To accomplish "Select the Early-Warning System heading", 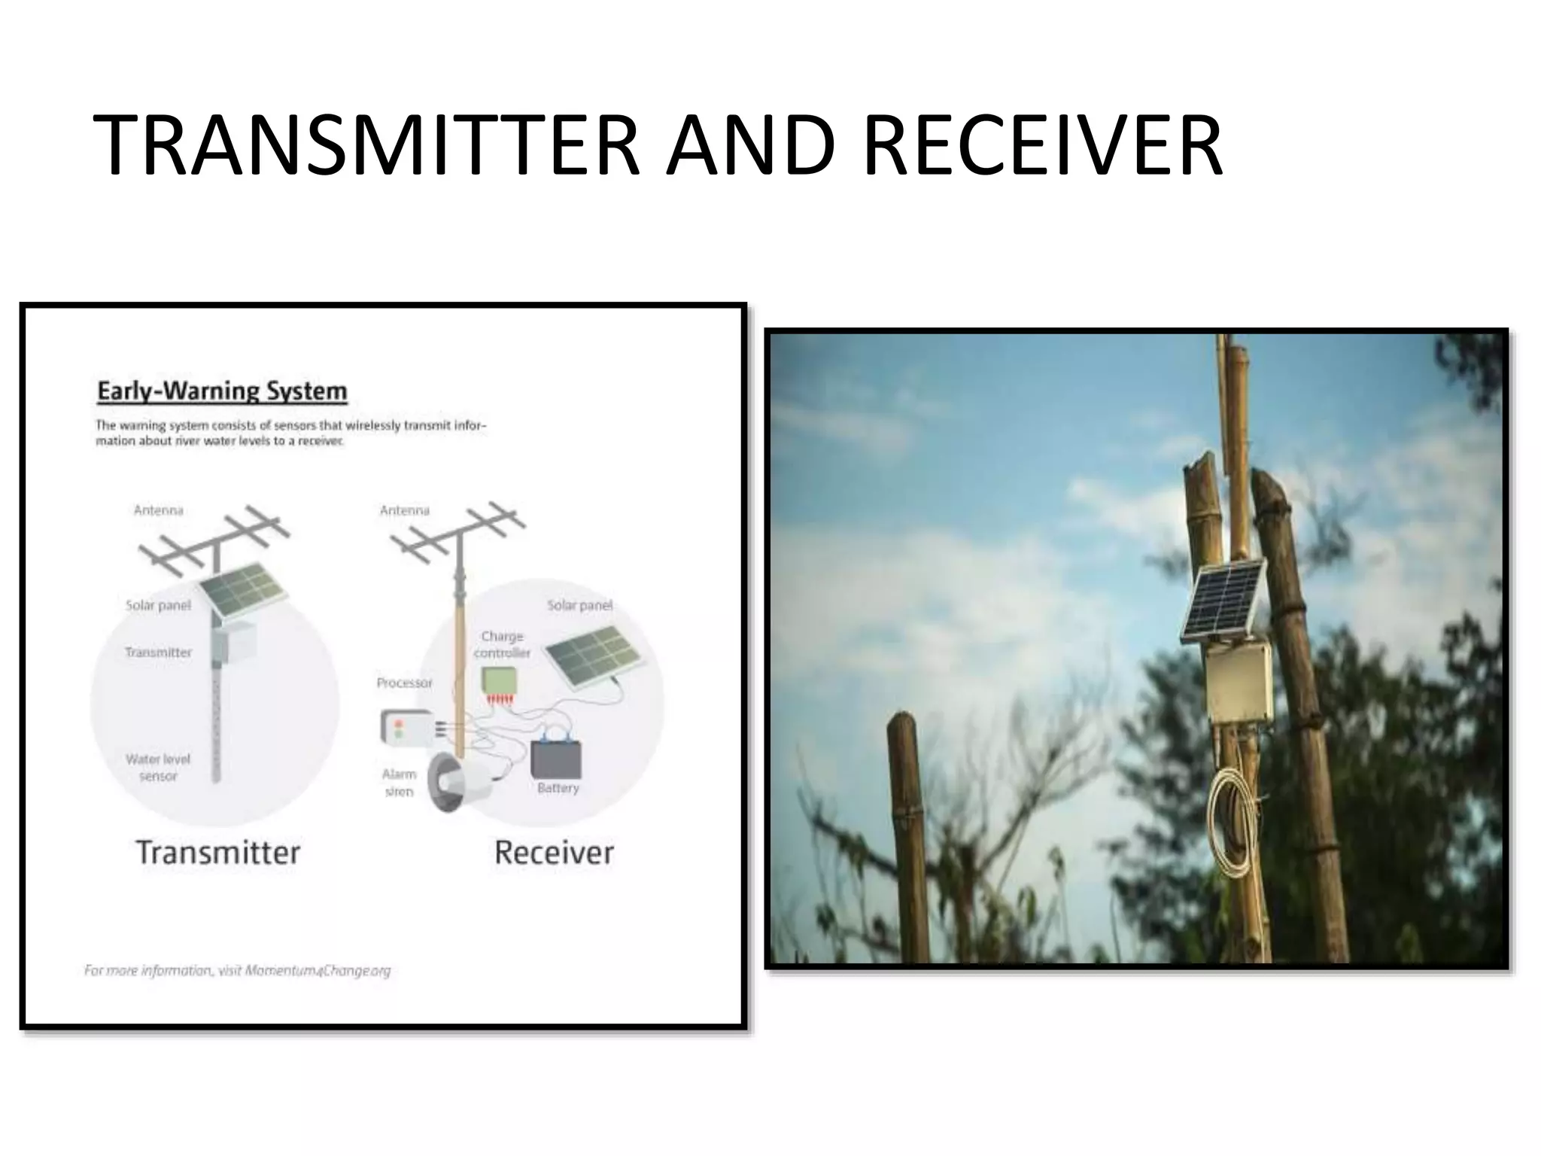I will tap(223, 391).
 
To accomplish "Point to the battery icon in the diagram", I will tap(557, 759).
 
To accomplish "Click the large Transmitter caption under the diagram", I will tap(218, 853).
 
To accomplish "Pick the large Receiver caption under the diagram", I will tap(554, 853).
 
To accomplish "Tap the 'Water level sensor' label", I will tap(158, 767).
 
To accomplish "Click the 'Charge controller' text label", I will tap(502, 644).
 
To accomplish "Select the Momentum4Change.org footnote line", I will tap(238, 971).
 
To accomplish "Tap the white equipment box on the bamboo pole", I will tap(1239, 681).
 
